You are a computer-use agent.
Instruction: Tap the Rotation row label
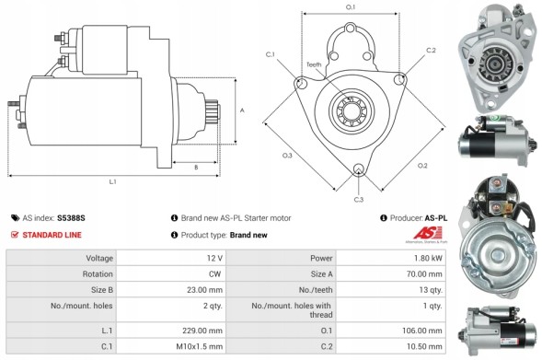pos(99,273)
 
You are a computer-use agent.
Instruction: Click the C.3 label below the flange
pos(358,199)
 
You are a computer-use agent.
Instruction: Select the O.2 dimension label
pos(422,166)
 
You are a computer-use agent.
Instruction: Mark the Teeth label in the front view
pos(339,64)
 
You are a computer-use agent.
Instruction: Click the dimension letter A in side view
pos(242,110)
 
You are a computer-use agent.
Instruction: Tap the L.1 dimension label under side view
pos(112,182)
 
